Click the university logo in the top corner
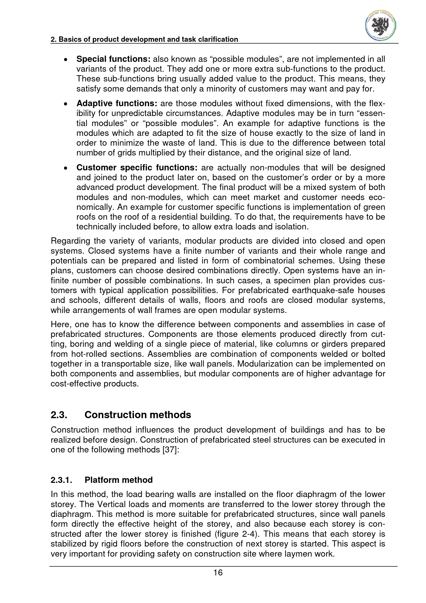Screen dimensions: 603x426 380,26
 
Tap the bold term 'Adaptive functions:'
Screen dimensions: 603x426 117,103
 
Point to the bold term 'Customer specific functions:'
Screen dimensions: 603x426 137,168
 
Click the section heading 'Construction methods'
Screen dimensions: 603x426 138,415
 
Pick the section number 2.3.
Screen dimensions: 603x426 59,415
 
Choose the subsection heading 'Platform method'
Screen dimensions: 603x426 118,480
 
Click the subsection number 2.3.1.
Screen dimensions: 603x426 61,480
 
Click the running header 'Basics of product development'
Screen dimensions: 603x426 144,39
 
